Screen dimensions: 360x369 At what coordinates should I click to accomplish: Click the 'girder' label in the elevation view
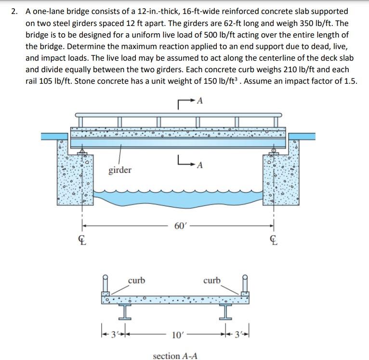point(119,170)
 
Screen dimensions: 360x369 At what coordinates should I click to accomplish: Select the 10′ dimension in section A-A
point(176,334)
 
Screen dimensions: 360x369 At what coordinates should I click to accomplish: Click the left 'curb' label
point(136,280)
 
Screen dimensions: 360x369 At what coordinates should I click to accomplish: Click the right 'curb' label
point(212,280)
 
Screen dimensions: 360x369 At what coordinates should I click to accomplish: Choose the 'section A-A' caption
point(175,356)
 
